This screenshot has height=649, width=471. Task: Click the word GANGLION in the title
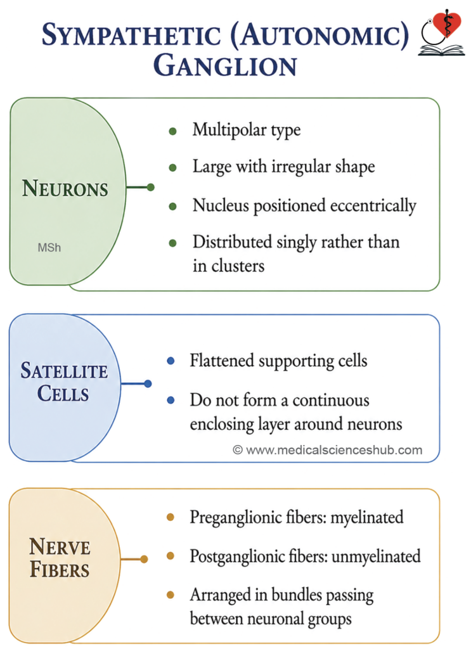click(225, 65)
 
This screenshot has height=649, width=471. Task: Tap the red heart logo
click(446, 23)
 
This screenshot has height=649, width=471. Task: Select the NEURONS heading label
click(65, 188)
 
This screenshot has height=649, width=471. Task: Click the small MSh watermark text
click(49, 248)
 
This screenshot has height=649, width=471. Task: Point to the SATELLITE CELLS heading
click(64, 382)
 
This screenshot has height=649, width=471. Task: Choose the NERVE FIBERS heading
click(60, 558)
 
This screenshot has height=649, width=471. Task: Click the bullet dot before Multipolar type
click(173, 132)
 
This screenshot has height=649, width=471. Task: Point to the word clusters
click(238, 266)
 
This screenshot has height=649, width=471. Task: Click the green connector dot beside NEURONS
click(151, 188)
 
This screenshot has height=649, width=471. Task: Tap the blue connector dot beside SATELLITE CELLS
click(148, 384)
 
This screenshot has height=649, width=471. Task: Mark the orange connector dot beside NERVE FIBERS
click(144, 560)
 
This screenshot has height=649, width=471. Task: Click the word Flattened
click(222, 361)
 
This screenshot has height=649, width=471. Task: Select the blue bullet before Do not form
click(171, 401)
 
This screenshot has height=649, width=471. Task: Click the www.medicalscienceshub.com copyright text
click(327, 450)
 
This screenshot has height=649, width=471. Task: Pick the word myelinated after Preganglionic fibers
click(367, 518)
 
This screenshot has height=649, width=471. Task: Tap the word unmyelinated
click(376, 556)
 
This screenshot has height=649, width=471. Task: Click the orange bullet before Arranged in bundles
click(170, 594)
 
